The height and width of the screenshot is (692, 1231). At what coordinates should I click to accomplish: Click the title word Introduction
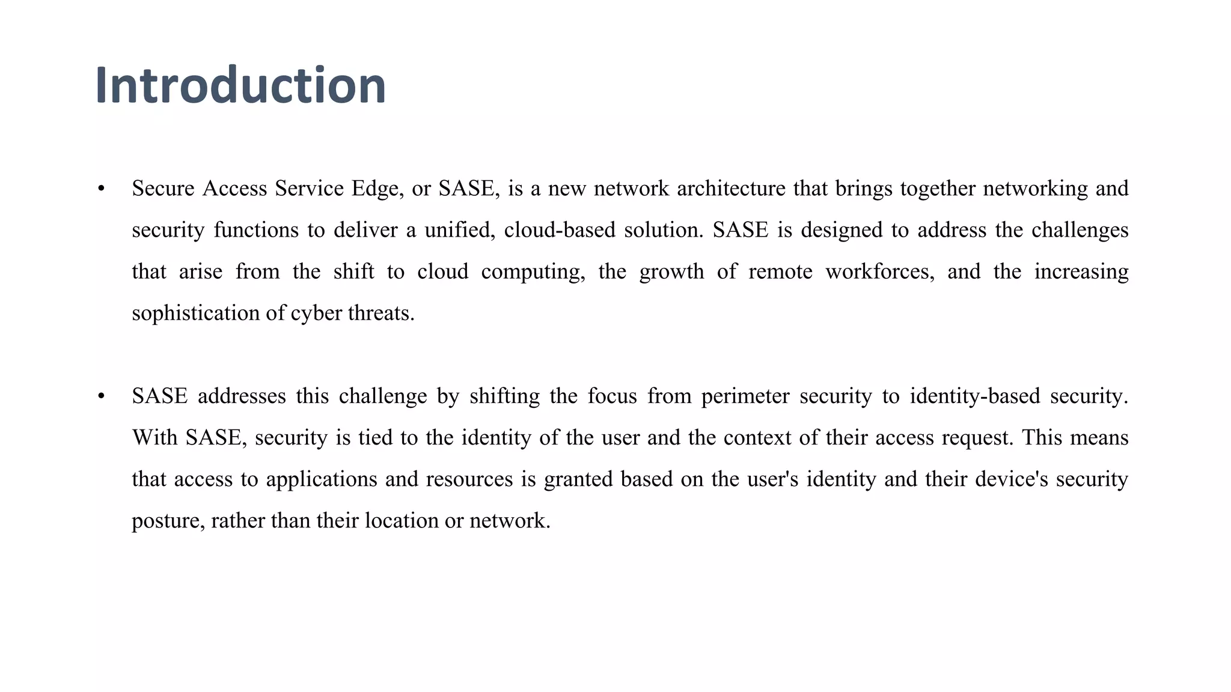[x=240, y=85]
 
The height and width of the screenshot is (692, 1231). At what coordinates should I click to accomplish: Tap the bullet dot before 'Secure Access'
[x=101, y=189]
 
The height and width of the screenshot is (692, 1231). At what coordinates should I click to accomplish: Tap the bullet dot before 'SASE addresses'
[x=101, y=396]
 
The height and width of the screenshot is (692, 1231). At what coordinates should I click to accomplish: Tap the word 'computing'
[x=533, y=272]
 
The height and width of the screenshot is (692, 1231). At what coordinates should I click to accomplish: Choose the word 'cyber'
[x=316, y=313]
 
